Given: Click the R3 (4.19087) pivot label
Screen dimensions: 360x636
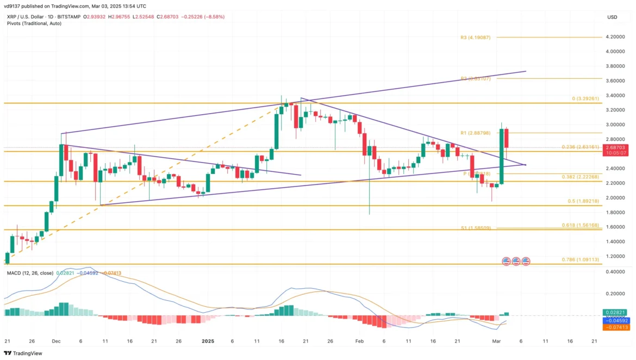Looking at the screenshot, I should click(475, 38).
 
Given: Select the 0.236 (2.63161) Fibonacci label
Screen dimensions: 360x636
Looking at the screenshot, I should click(581, 147).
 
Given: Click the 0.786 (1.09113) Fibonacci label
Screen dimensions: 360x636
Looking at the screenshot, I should click(581, 260).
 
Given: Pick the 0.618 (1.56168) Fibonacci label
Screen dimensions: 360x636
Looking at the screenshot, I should click(581, 225).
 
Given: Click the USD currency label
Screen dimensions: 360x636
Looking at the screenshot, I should click(612, 17).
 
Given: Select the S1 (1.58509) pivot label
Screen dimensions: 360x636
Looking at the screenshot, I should click(475, 228).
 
